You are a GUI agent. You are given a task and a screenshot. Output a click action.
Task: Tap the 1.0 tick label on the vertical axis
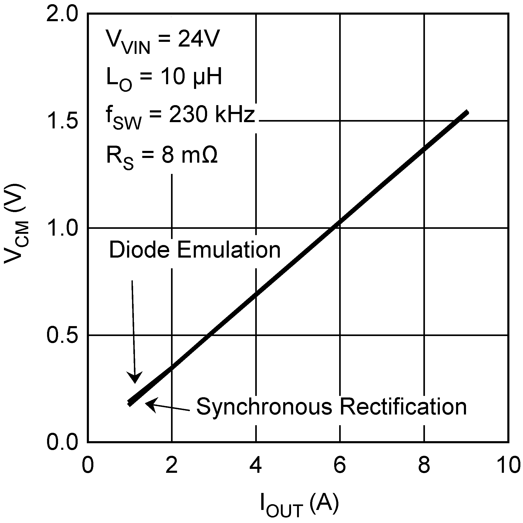click(62, 229)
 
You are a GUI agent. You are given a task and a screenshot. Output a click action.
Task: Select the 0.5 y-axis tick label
click(62, 335)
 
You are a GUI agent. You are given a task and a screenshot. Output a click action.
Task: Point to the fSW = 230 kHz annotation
click(180, 117)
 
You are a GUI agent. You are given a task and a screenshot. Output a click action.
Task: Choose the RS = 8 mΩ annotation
click(162, 157)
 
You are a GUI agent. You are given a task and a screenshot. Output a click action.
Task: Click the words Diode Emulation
click(195, 250)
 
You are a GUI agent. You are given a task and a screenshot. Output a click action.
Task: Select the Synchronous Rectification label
click(332, 407)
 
